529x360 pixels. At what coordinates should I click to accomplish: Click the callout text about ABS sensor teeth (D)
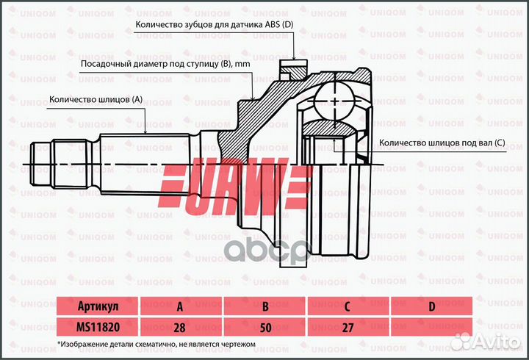coord(215,25)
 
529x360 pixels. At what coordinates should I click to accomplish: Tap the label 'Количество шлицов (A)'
coord(96,98)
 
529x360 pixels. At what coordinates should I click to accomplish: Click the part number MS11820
coord(98,326)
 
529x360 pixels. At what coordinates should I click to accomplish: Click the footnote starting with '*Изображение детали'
coord(156,343)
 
